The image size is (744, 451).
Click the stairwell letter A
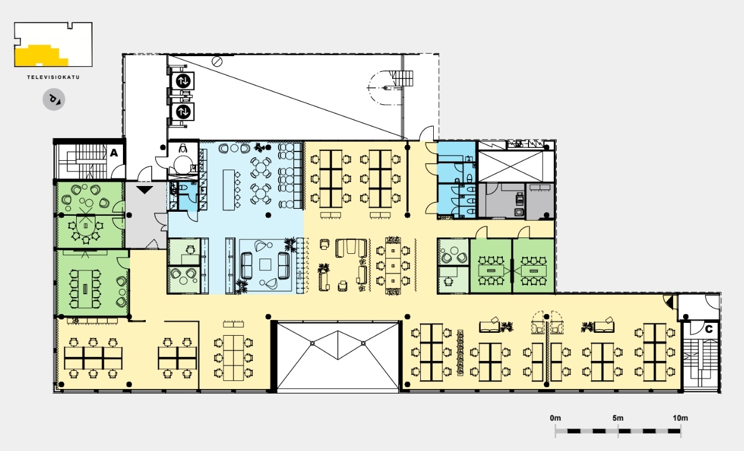[x=114, y=153]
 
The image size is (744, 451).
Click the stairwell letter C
[x=708, y=329]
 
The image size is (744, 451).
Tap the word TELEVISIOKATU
[x=53, y=77]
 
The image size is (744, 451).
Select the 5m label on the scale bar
[x=618, y=418]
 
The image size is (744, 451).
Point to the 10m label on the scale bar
[x=680, y=418]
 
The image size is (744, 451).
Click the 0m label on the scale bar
[x=556, y=418]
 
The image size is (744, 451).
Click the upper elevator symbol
[x=183, y=81]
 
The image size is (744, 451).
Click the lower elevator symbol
[x=183, y=112]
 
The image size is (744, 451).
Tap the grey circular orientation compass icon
[x=54, y=99]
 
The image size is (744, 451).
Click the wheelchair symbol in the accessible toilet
[x=183, y=148]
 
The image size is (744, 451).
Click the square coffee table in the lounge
[x=266, y=265]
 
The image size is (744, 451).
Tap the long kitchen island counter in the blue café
[x=228, y=190]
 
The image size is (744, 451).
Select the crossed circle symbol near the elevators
[x=217, y=61]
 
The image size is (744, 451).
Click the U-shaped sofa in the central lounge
[x=351, y=248]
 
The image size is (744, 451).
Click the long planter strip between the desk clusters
[x=460, y=353]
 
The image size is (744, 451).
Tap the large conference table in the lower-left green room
[x=85, y=289]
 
